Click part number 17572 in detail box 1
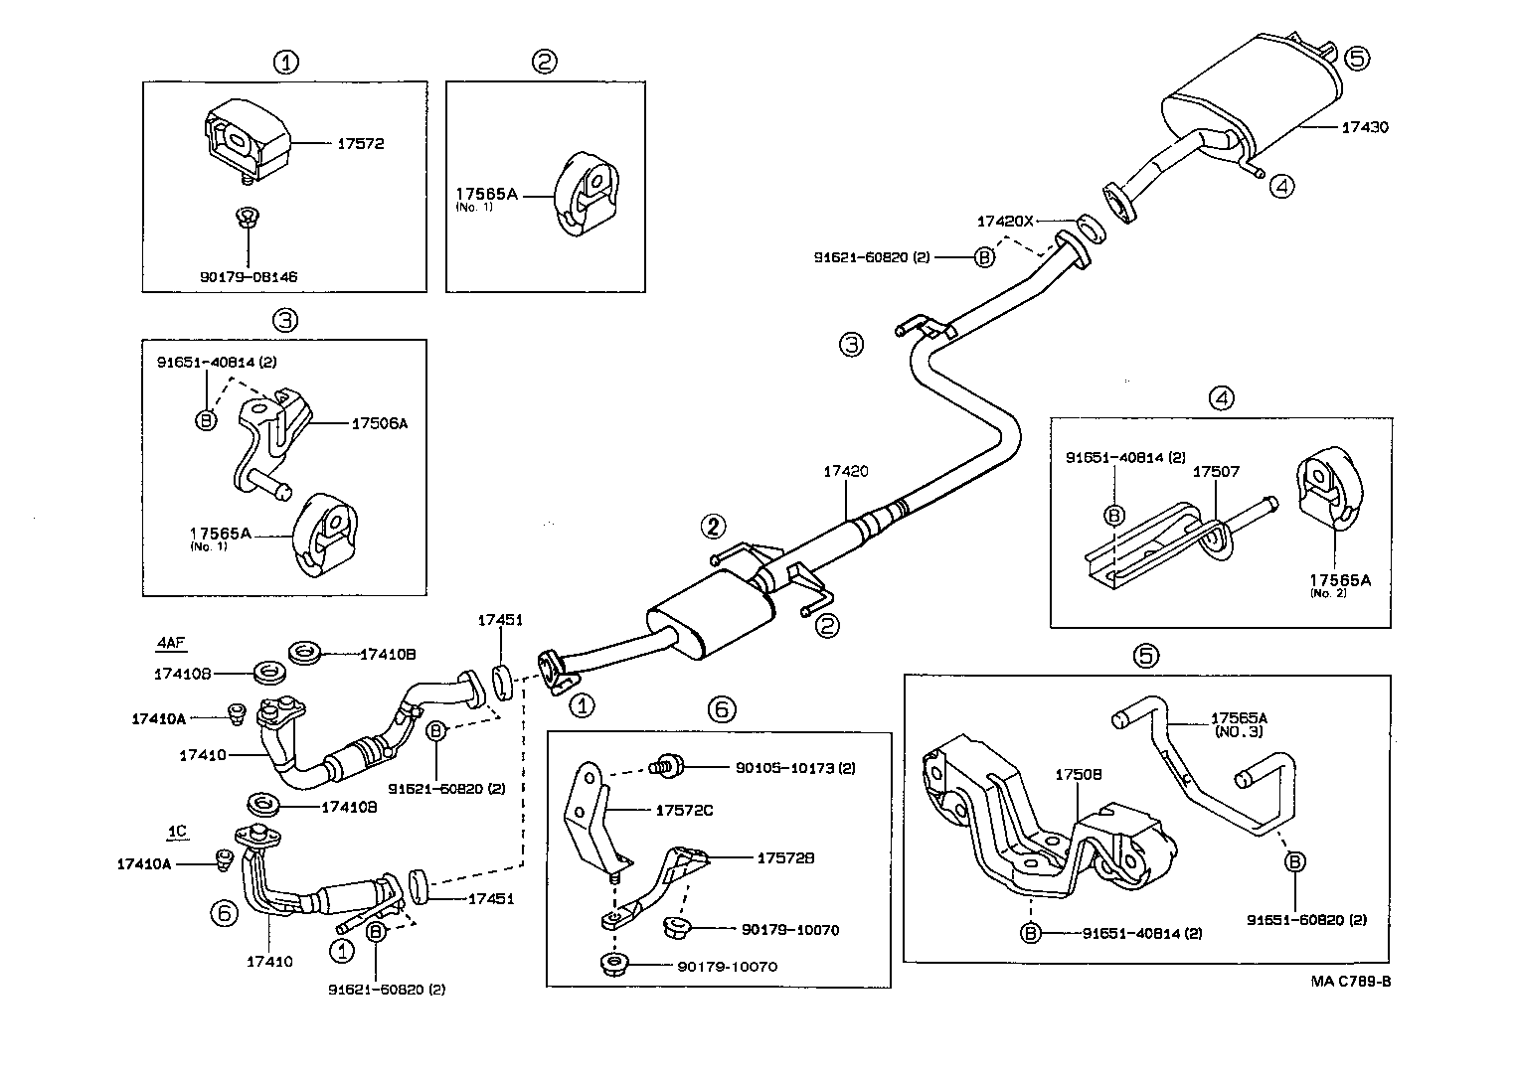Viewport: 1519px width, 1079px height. click(360, 144)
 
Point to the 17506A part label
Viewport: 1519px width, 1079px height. click(380, 423)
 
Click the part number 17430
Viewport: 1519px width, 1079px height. click(1365, 128)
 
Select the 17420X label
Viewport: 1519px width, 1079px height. click(1005, 221)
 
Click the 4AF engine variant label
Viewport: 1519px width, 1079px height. click(170, 643)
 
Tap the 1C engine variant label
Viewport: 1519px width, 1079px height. click(176, 831)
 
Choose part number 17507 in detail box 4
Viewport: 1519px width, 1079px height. click(1216, 473)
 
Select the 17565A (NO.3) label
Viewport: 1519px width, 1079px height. click(1239, 724)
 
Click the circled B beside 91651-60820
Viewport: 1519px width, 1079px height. click(1295, 862)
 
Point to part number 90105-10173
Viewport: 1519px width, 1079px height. click(795, 768)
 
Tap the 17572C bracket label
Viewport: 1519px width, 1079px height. click(684, 811)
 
